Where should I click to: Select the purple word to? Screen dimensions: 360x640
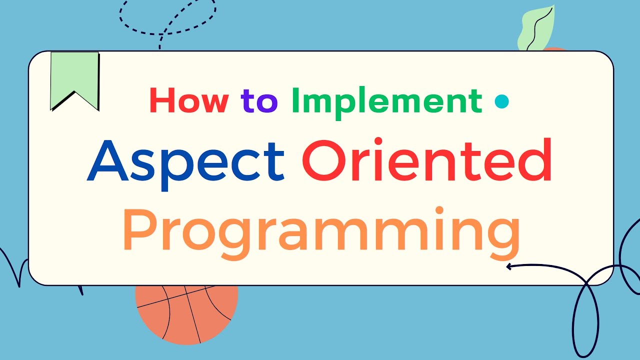[x=259, y=101]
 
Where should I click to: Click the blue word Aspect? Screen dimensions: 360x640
[x=186, y=161]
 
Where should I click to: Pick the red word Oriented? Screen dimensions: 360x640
[x=427, y=161]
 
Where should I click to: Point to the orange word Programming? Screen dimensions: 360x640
[x=321, y=230]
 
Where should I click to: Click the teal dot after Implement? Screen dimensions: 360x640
[x=501, y=102]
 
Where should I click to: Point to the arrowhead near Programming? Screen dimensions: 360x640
[x=509, y=267]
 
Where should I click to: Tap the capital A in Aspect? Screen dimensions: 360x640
[x=108, y=161]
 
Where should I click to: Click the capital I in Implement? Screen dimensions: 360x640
[x=295, y=100]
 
